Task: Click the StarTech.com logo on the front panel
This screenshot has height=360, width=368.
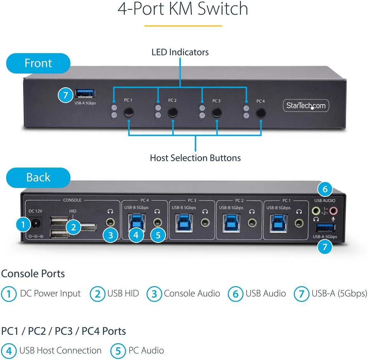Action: [x=306, y=106]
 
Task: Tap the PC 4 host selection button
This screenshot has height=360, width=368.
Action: [x=261, y=113]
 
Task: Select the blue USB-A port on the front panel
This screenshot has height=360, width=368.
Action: [x=85, y=93]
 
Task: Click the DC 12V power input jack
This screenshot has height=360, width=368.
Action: [x=36, y=224]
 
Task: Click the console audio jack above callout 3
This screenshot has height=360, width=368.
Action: [x=110, y=222]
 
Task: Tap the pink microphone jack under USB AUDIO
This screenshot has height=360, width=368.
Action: [x=333, y=211]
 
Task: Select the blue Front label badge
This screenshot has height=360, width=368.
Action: [x=38, y=63]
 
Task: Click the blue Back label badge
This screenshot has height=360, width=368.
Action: [x=38, y=177]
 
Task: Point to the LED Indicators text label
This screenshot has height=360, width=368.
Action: [x=180, y=52]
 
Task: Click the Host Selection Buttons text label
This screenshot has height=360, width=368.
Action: [x=195, y=158]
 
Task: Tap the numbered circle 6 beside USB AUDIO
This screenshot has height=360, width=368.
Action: [x=325, y=189]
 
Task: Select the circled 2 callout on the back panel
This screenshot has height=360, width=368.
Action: [x=74, y=227]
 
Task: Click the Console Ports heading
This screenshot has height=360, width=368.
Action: [x=33, y=273]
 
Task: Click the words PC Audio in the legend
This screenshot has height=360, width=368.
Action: [x=146, y=350]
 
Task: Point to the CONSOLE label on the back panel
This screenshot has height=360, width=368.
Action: [x=72, y=200]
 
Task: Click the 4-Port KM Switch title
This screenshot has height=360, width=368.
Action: [x=183, y=9]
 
